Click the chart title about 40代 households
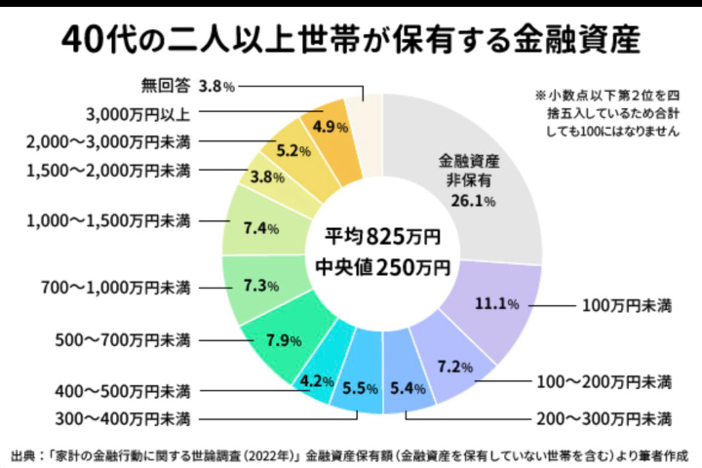pos(351,41)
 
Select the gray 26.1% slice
pos(468,180)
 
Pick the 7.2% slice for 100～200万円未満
pos(453,367)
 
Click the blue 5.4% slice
pos(407,387)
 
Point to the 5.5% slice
pos(361,387)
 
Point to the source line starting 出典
pos(351,453)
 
